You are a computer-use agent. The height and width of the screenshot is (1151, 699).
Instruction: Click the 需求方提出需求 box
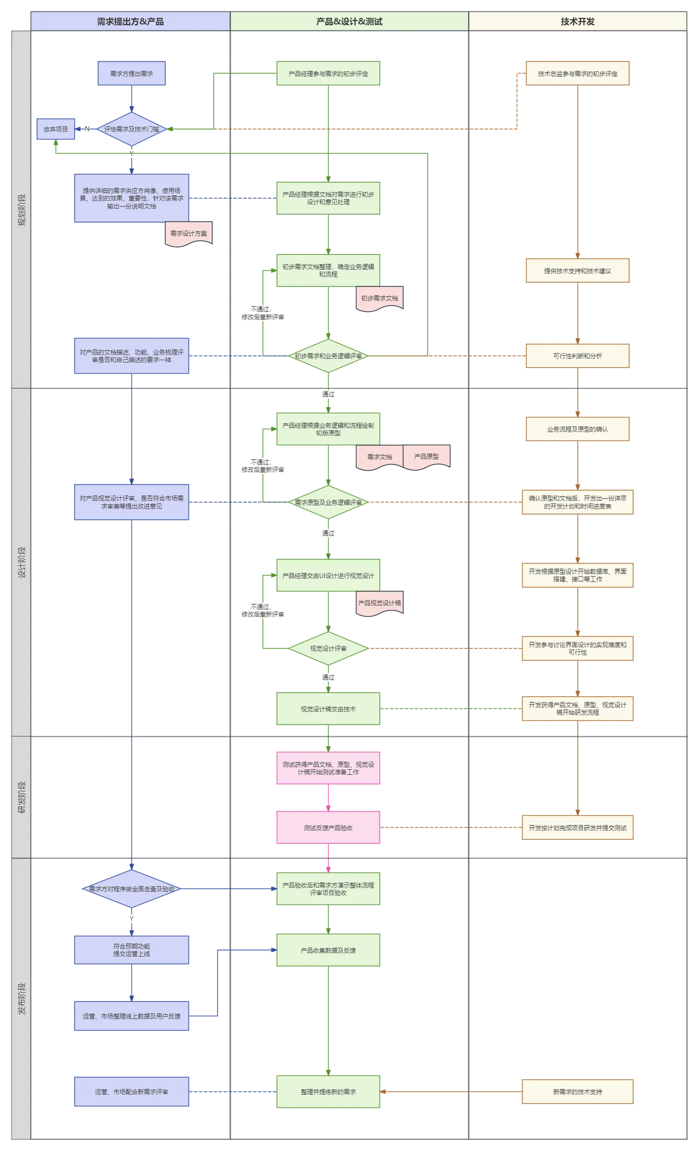[x=131, y=73]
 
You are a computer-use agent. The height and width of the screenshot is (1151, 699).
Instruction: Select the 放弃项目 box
[x=56, y=129]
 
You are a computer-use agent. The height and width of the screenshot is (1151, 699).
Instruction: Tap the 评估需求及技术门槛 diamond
[x=131, y=129]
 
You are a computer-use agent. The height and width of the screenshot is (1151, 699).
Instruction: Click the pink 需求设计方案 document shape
[x=189, y=234]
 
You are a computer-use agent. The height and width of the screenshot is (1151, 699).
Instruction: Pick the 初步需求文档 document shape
[x=379, y=299]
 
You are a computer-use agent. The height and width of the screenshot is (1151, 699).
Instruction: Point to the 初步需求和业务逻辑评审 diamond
[x=328, y=356]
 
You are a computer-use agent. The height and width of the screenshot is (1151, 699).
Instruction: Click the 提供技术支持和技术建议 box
[x=578, y=271]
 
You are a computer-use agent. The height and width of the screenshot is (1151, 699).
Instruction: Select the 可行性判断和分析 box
[x=578, y=356]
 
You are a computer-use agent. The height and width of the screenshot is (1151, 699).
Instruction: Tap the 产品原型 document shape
[x=426, y=457]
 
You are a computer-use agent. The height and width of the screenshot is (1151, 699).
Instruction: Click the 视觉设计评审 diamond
[x=328, y=648]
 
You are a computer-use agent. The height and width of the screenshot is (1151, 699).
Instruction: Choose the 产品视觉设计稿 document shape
[x=379, y=603]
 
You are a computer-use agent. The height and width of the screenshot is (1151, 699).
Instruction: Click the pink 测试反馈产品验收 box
[x=328, y=828]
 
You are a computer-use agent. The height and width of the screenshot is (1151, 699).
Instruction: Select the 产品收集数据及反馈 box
[x=328, y=950]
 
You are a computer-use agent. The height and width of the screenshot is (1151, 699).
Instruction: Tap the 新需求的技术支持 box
[x=578, y=1092]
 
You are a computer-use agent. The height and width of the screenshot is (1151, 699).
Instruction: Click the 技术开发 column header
[x=578, y=21]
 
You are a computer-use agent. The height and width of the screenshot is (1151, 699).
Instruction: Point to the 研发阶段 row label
[x=21, y=797]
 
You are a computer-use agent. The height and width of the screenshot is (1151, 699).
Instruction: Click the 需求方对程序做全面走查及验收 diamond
[x=131, y=889]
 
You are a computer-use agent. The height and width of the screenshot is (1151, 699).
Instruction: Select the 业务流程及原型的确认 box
[x=578, y=429]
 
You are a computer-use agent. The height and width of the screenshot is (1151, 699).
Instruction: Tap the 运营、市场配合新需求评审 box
[x=131, y=1092]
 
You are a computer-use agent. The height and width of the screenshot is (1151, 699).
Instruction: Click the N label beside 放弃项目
[x=87, y=129]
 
